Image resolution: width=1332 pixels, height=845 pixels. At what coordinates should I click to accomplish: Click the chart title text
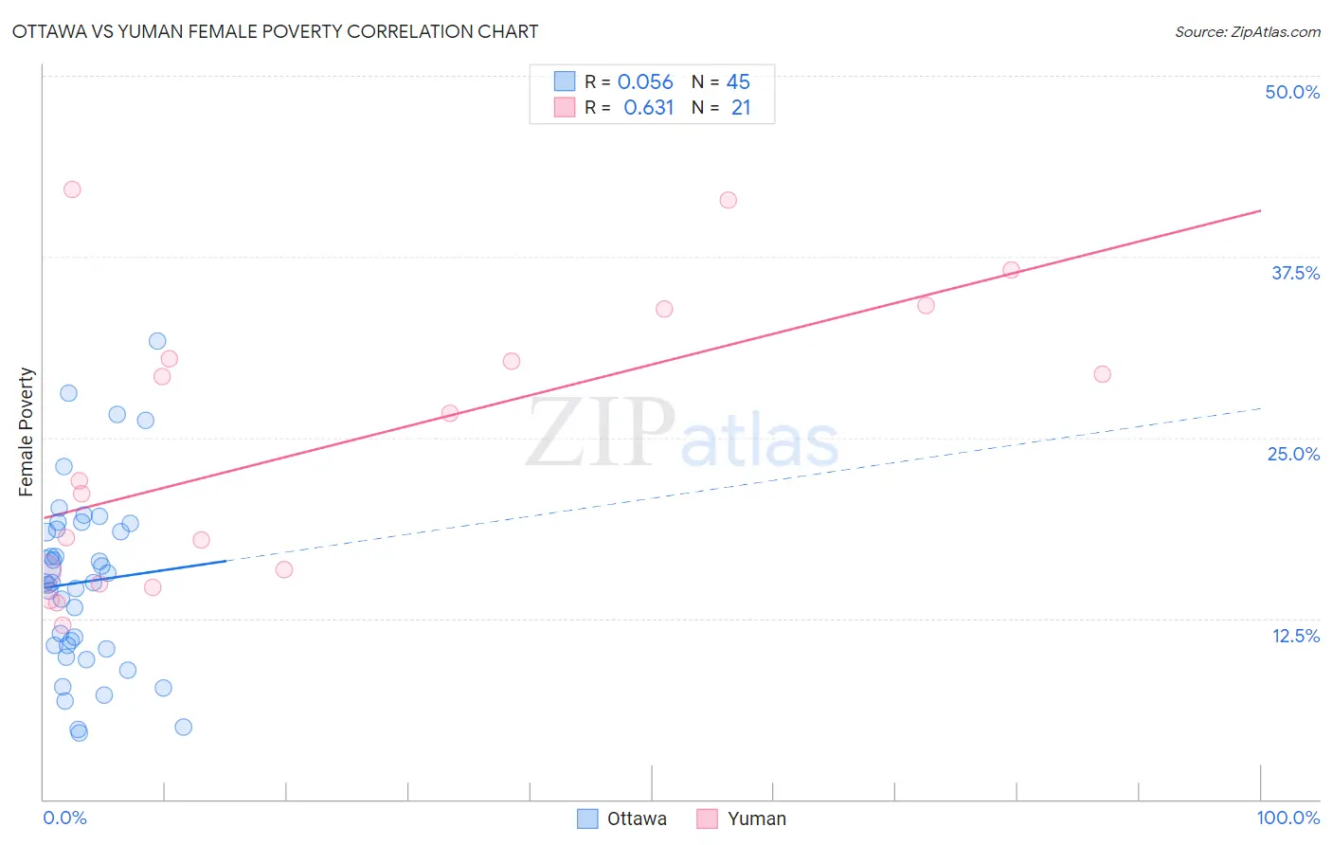coord(275,31)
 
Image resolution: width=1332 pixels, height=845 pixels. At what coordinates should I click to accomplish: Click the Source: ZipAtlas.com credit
coord(1247,31)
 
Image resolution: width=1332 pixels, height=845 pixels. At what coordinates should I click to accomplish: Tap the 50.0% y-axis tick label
coord(1292,92)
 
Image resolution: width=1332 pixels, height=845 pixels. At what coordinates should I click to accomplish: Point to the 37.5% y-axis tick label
coord(1295,273)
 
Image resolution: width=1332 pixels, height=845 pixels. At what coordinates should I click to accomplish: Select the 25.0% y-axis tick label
coord(1293,454)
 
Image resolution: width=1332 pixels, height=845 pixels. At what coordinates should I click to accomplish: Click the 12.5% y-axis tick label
coord(1295,636)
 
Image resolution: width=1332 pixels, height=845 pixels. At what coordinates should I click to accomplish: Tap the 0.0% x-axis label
coord(64,818)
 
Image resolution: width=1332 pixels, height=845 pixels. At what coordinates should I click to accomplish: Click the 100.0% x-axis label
coord(1287,818)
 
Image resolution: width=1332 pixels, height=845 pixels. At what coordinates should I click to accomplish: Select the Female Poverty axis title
coord(27,432)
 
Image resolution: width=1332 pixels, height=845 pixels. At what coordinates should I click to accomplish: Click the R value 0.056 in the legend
coord(644,82)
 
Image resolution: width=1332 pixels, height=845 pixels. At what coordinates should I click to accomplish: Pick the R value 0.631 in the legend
coord(648,108)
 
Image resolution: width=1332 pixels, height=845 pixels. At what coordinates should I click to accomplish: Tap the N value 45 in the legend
coord(738,82)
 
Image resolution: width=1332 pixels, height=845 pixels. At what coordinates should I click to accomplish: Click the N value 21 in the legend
coord(740,108)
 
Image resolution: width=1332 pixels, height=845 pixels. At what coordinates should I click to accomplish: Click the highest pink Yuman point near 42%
coord(72,189)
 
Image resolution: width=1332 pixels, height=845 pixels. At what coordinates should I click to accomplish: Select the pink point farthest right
coord(1102,374)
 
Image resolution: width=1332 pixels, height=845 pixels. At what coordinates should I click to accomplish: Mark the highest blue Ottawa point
coord(157,341)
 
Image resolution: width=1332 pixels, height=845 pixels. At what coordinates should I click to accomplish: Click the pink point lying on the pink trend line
coord(1011,270)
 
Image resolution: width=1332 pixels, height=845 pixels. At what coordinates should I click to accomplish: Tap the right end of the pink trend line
coord(1260,210)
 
